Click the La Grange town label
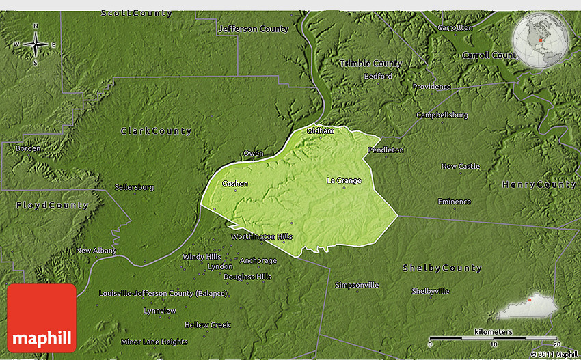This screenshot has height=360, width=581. [344, 180]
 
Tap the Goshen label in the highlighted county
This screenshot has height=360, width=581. [235, 184]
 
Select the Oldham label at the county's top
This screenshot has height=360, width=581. [321, 130]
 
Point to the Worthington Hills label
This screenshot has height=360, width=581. [262, 236]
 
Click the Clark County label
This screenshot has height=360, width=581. [157, 130]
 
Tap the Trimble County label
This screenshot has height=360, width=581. [370, 63]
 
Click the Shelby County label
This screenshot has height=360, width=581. [442, 268]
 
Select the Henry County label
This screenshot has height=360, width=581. [539, 184]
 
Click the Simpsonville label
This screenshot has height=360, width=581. [357, 285]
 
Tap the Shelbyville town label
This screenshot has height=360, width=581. [431, 291]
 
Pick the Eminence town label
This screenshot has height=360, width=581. [455, 202]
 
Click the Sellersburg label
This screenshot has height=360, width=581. [134, 186]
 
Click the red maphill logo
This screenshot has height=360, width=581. [42, 318]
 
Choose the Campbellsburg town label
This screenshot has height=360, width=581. [442, 115]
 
